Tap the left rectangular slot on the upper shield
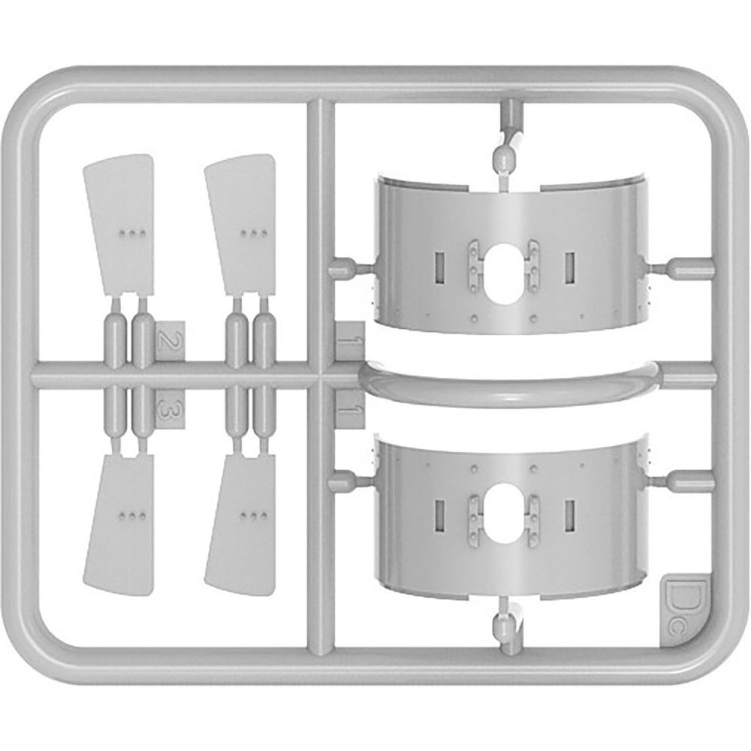pyautogui.click(x=439, y=267)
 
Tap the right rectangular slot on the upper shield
pyautogui.click(x=569, y=267)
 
